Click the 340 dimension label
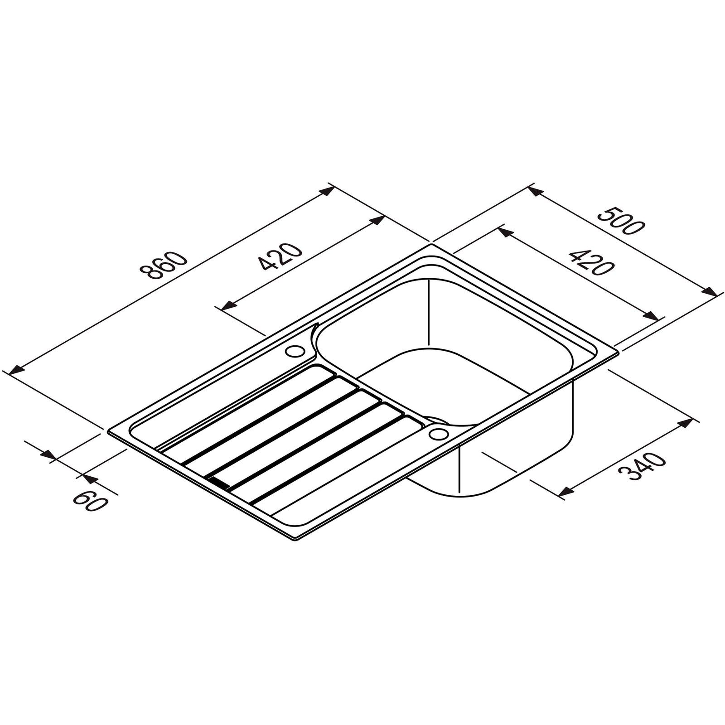click(x=643, y=467)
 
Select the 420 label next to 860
click(x=280, y=256)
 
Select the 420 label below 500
click(x=590, y=262)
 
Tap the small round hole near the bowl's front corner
click(x=438, y=434)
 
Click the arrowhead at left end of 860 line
click(x=16, y=370)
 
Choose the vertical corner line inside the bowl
click(x=428, y=313)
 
